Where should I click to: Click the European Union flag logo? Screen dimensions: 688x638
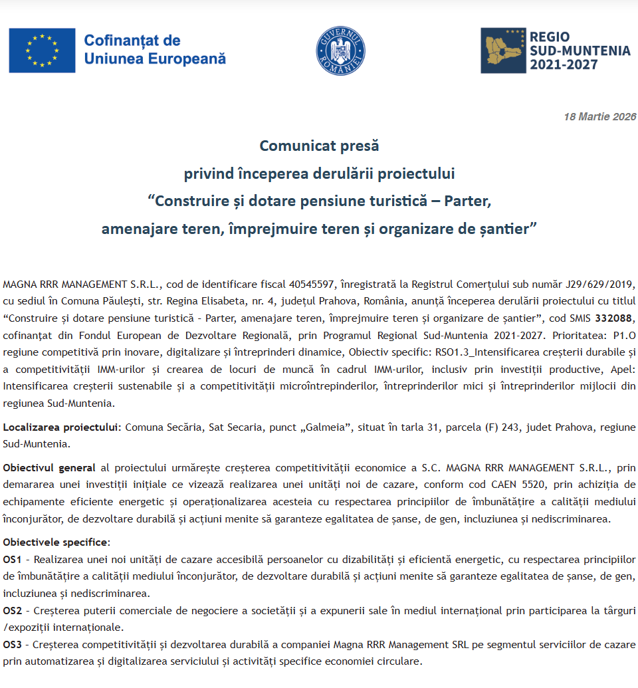(x=42, y=51)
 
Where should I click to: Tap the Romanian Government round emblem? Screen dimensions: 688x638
(x=340, y=51)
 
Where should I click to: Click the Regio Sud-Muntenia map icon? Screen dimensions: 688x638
(x=503, y=51)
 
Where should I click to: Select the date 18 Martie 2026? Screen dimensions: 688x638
(x=600, y=117)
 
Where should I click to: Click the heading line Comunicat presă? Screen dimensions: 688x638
(x=319, y=145)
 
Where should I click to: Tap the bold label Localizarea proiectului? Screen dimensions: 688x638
(x=62, y=427)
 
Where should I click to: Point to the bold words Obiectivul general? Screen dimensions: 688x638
(x=48, y=468)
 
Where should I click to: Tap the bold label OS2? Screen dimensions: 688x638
(x=13, y=610)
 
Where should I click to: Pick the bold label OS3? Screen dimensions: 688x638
(x=13, y=645)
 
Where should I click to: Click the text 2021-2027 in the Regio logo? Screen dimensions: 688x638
(x=564, y=65)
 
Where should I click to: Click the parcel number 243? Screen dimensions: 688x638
(x=509, y=427)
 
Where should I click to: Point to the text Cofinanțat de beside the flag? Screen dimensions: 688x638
(x=132, y=41)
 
